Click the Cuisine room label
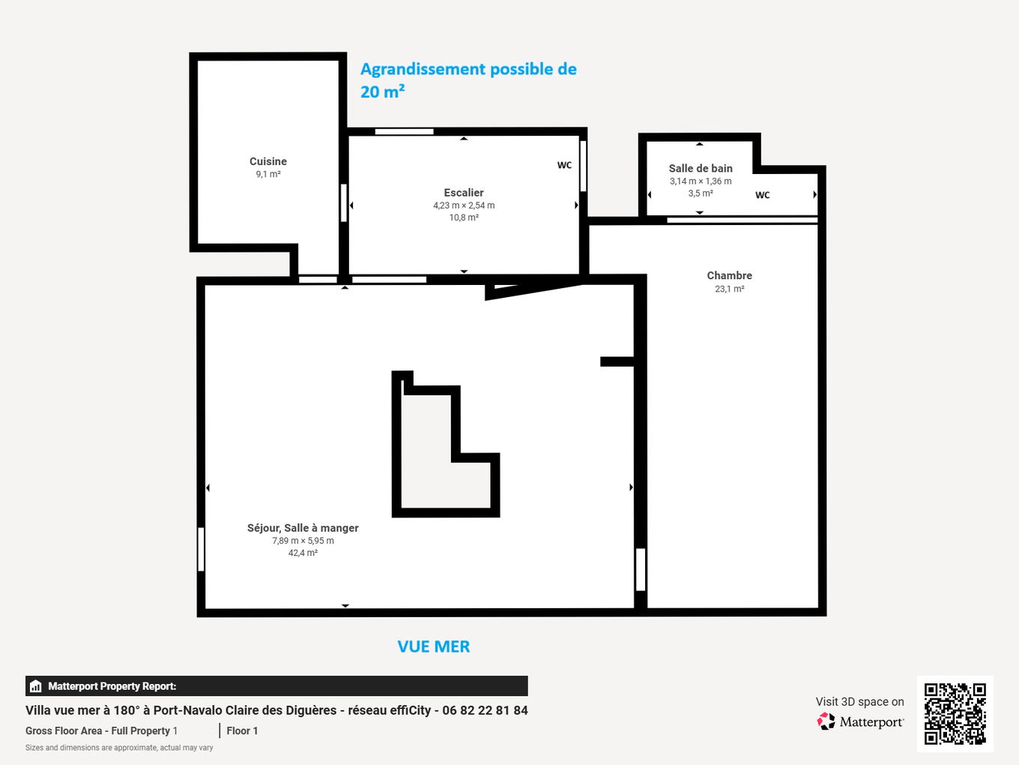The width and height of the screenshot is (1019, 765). [268, 161]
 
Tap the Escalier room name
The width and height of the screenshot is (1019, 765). [463, 192]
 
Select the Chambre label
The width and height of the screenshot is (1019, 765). [729, 275]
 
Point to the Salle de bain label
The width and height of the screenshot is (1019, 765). [700, 168]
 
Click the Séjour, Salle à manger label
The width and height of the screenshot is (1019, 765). [303, 528]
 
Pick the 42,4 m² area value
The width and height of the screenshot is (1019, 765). [303, 553]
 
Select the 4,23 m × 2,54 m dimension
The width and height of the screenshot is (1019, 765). [464, 205]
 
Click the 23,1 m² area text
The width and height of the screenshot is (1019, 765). [729, 289]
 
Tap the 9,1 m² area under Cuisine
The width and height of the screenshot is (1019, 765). [268, 174]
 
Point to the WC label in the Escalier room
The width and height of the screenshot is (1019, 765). [564, 165]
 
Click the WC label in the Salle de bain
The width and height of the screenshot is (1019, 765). [762, 195]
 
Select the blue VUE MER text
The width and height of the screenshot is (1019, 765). [434, 646]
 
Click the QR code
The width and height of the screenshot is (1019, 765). [955, 713]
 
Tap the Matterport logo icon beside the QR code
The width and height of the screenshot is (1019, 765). [826, 721]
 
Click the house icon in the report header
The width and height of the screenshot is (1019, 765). [36, 686]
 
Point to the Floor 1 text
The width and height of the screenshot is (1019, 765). [242, 730]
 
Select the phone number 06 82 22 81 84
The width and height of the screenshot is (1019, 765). [485, 710]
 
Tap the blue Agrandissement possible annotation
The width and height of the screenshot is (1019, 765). [468, 80]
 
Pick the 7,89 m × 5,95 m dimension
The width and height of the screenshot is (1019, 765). [303, 541]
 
